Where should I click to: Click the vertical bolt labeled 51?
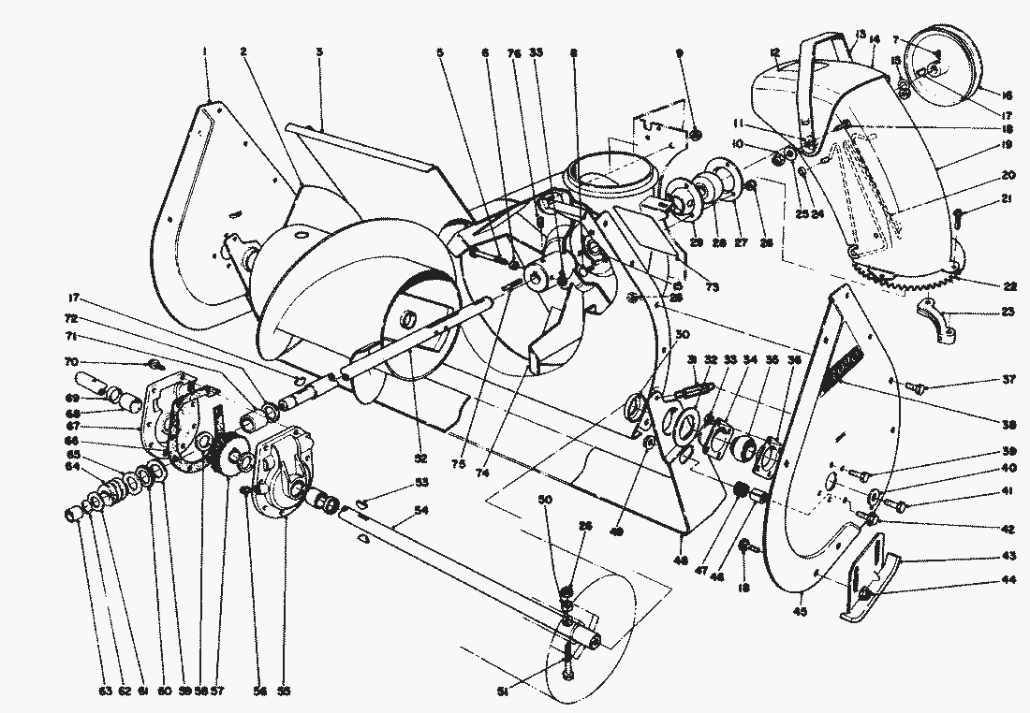pyautogui.click(x=567, y=658)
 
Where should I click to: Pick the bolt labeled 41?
pyautogui.click(x=896, y=505)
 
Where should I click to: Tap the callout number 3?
pyautogui.click(x=319, y=52)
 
